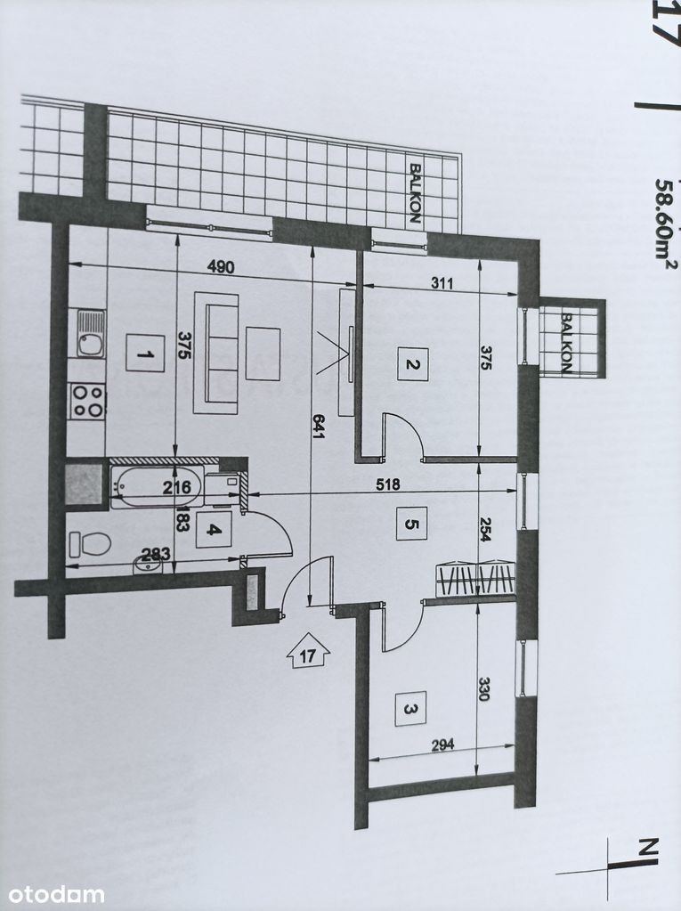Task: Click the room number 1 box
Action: (x=145, y=353)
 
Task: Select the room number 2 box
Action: (x=413, y=364)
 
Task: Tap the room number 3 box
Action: (x=410, y=708)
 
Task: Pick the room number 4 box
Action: (x=214, y=530)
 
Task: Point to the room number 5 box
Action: (x=411, y=524)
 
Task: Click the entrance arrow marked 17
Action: (x=308, y=651)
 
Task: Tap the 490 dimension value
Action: (x=221, y=267)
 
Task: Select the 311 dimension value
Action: (x=442, y=283)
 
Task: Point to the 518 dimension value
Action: (x=388, y=484)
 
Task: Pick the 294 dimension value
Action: (x=442, y=744)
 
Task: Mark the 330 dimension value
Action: (x=484, y=688)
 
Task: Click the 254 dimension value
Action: (x=485, y=529)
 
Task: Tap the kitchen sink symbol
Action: (x=91, y=334)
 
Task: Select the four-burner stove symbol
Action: (x=87, y=401)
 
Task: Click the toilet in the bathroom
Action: (x=90, y=544)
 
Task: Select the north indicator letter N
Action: (x=650, y=847)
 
